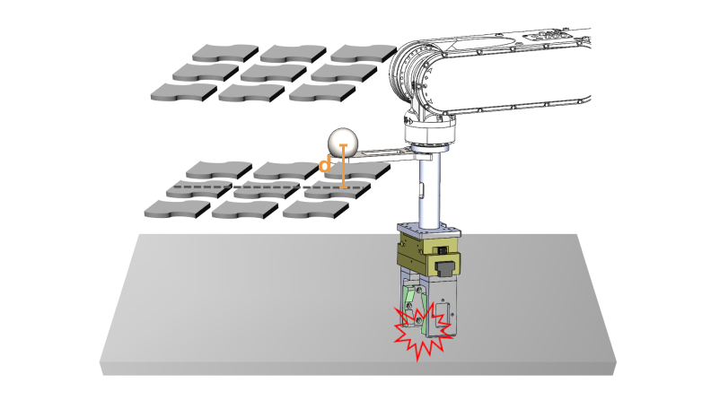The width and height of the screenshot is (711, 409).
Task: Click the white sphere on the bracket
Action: coord(342,142)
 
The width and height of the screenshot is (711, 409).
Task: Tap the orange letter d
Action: coord(325,164)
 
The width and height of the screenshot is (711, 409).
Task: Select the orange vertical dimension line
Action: coord(343,166)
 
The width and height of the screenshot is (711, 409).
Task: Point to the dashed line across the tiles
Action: coord(269,187)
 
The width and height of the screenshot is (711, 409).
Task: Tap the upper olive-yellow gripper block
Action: coord(428,247)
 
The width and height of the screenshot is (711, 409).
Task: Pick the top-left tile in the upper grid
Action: coord(225,54)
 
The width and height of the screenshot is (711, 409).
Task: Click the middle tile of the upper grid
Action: coord(274,73)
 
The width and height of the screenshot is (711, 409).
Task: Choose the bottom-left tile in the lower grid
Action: coord(177,209)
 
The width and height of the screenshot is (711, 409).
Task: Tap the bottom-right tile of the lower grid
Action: coord(316,209)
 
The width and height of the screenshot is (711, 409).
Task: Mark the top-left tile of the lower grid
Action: coord(219,170)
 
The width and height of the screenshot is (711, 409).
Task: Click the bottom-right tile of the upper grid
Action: coord(322,92)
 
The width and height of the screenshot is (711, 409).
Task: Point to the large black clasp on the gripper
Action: coord(446,268)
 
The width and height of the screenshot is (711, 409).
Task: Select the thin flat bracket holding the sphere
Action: coord(389,155)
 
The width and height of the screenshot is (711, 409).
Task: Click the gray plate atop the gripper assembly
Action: coord(429,231)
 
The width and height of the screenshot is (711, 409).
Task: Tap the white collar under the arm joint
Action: coord(429,133)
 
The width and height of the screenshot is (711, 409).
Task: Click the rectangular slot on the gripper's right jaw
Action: coord(442,311)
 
